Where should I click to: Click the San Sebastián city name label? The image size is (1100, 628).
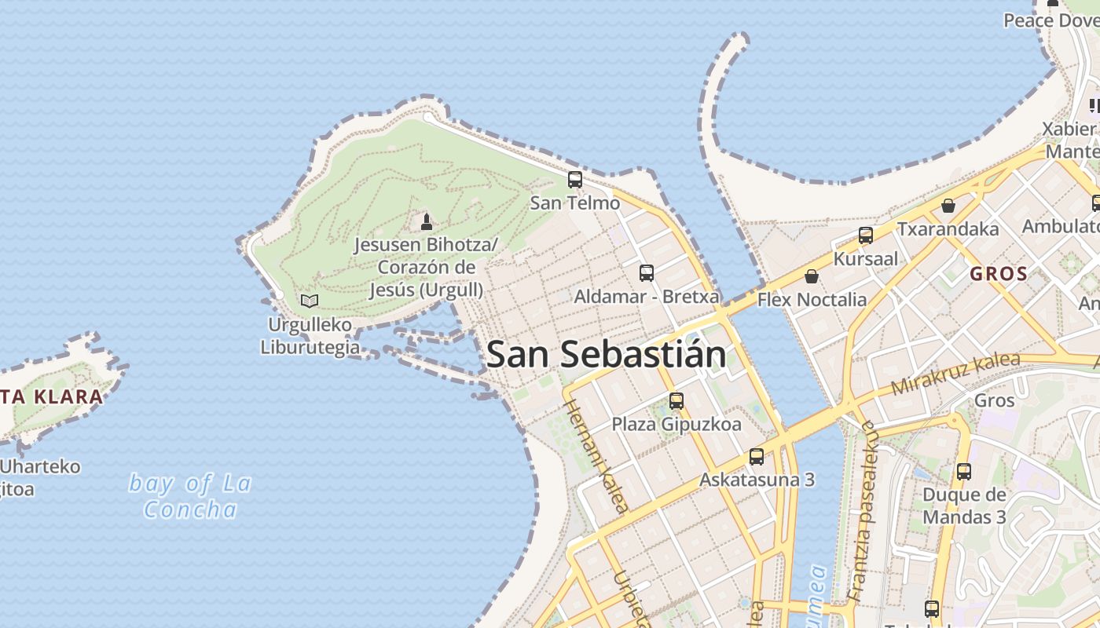tap(606, 354)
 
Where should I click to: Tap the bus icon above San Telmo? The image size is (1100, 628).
tap(575, 180)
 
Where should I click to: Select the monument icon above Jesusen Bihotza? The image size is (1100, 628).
tap(427, 222)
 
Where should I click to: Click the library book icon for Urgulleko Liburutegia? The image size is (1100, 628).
tap(310, 301)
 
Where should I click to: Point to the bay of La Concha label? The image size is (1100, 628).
tap(190, 496)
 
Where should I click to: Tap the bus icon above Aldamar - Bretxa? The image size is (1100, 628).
tap(646, 273)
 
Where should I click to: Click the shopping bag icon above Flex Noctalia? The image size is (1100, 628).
tap(812, 276)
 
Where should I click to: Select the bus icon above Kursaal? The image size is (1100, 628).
tap(865, 235)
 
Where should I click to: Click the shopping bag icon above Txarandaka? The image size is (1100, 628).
tap(948, 206)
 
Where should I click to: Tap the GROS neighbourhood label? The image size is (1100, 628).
tap(999, 274)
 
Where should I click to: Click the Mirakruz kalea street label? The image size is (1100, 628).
tap(955, 374)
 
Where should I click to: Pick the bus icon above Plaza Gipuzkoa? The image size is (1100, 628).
tap(676, 401)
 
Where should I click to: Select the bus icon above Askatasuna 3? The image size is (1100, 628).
tap(756, 456)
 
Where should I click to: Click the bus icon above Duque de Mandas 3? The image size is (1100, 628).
tap(963, 472)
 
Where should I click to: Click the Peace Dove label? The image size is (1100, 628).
tap(1050, 20)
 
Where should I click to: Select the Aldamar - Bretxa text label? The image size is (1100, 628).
tap(646, 297)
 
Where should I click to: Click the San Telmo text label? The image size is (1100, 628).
tap(575, 203)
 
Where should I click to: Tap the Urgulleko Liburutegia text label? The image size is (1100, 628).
tap(310, 336)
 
